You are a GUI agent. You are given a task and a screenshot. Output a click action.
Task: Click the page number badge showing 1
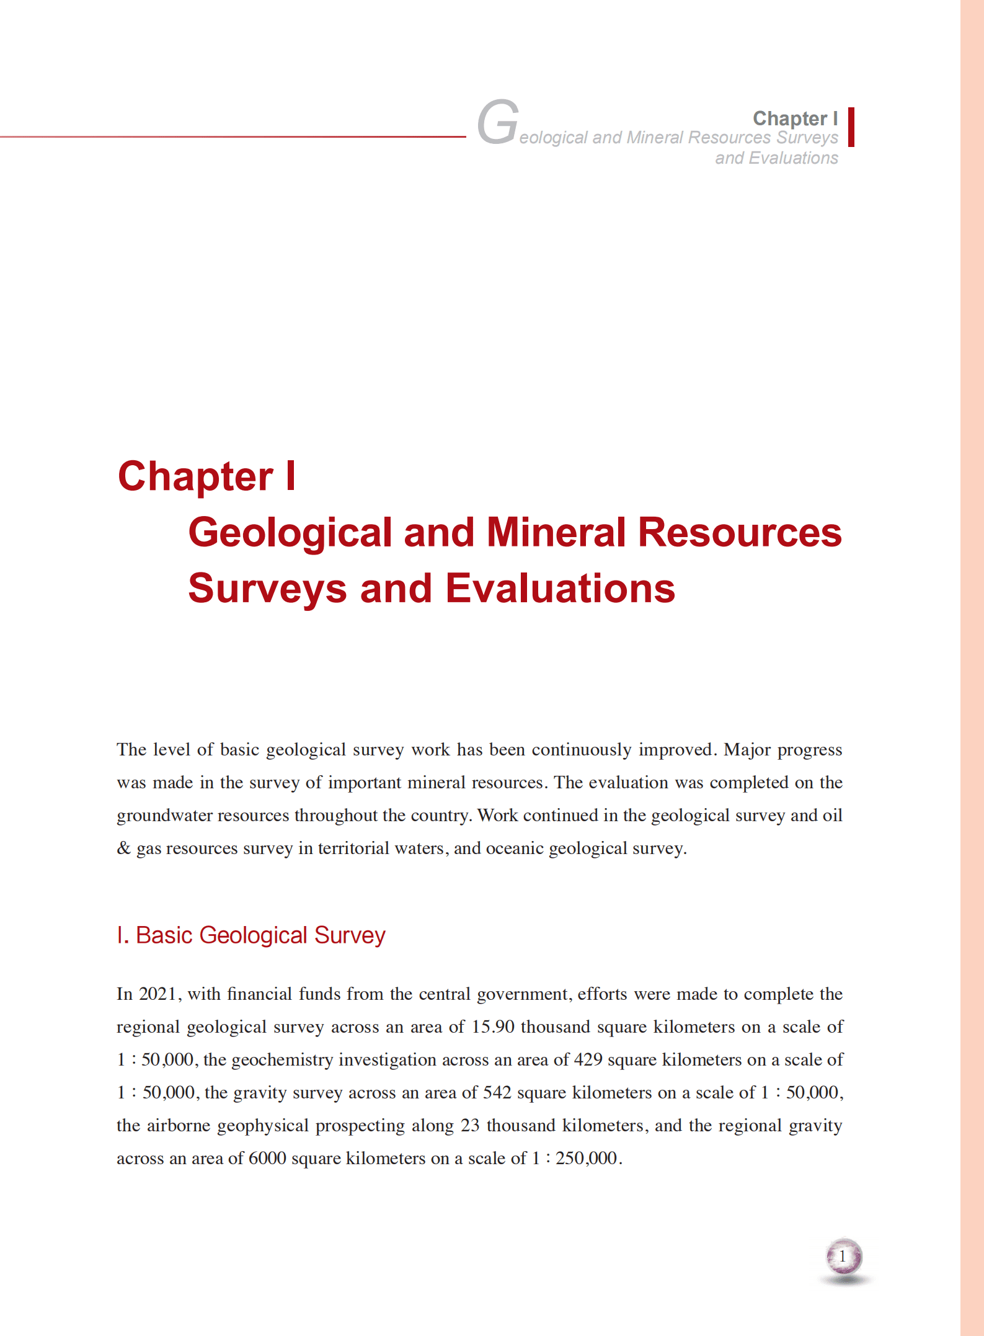pyautogui.click(x=843, y=1257)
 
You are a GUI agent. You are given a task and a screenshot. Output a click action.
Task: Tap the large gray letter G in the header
pyautogui.click(x=498, y=122)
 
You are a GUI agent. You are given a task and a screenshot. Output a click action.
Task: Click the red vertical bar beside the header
pyautogui.click(x=851, y=127)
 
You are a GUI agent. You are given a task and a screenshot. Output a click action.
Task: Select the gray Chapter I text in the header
pyautogui.click(x=795, y=118)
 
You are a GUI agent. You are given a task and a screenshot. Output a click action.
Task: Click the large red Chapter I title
pyautogui.click(x=207, y=476)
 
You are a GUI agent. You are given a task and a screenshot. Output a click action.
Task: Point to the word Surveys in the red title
pyautogui.click(x=267, y=588)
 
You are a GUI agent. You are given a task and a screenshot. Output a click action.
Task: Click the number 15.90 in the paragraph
pyautogui.click(x=493, y=1027)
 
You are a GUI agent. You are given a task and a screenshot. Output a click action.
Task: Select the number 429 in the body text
pyautogui.click(x=588, y=1060)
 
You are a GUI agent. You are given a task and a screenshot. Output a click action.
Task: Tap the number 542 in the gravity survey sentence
pyautogui.click(x=497, y=1093)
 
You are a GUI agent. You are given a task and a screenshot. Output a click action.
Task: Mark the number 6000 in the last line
pyautogui.click(x=267, y=1159)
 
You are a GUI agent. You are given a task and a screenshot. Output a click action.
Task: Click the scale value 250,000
pyautogui.click(x=586, y=1159)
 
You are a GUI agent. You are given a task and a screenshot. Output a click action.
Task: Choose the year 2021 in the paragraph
pyautogui.click(x=157, y=994)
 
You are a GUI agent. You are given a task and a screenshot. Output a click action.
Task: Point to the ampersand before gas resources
pyautogui.click(x=123, y=848)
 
